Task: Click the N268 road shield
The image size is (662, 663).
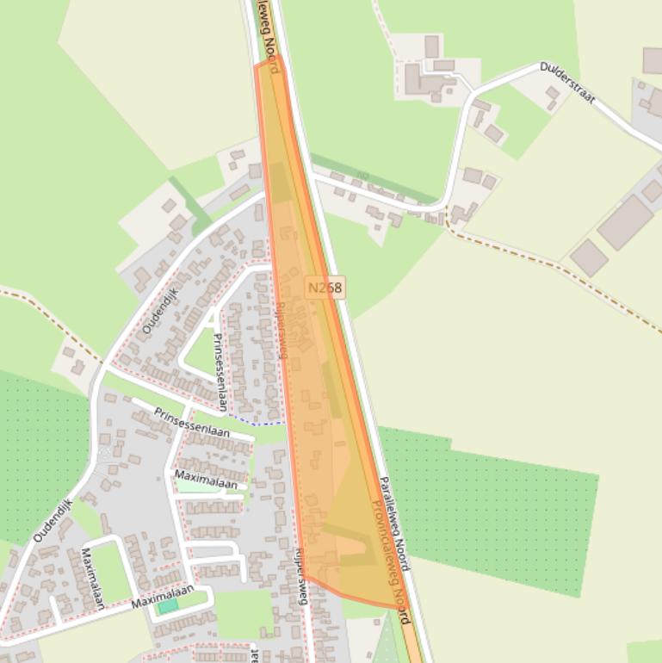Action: (325, 288)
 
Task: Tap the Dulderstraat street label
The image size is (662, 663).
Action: (567, 82)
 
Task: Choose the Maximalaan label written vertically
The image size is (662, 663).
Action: (93, 578)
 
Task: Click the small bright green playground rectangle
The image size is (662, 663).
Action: (168, 606)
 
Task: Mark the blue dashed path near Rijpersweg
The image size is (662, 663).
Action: (257, 423)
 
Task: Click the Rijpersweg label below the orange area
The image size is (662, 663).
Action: (300, 576)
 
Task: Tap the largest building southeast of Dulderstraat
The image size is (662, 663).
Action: (625, 222)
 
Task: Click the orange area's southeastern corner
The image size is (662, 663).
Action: (402, 607)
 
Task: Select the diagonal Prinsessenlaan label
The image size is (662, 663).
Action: (192, 422)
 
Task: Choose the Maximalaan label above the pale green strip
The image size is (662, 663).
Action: (206, 478)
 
